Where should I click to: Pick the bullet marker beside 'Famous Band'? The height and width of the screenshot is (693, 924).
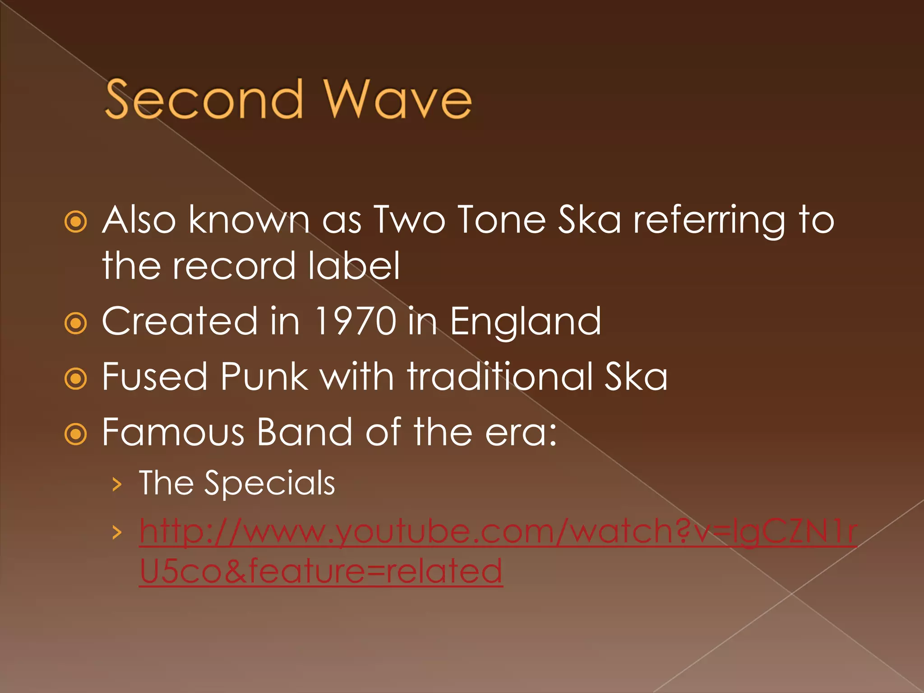[75, 434]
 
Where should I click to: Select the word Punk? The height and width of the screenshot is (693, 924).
[264, 377]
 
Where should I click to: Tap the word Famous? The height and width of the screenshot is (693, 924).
[174, 432]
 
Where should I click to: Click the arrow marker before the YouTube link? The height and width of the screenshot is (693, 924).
[117, 532]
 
